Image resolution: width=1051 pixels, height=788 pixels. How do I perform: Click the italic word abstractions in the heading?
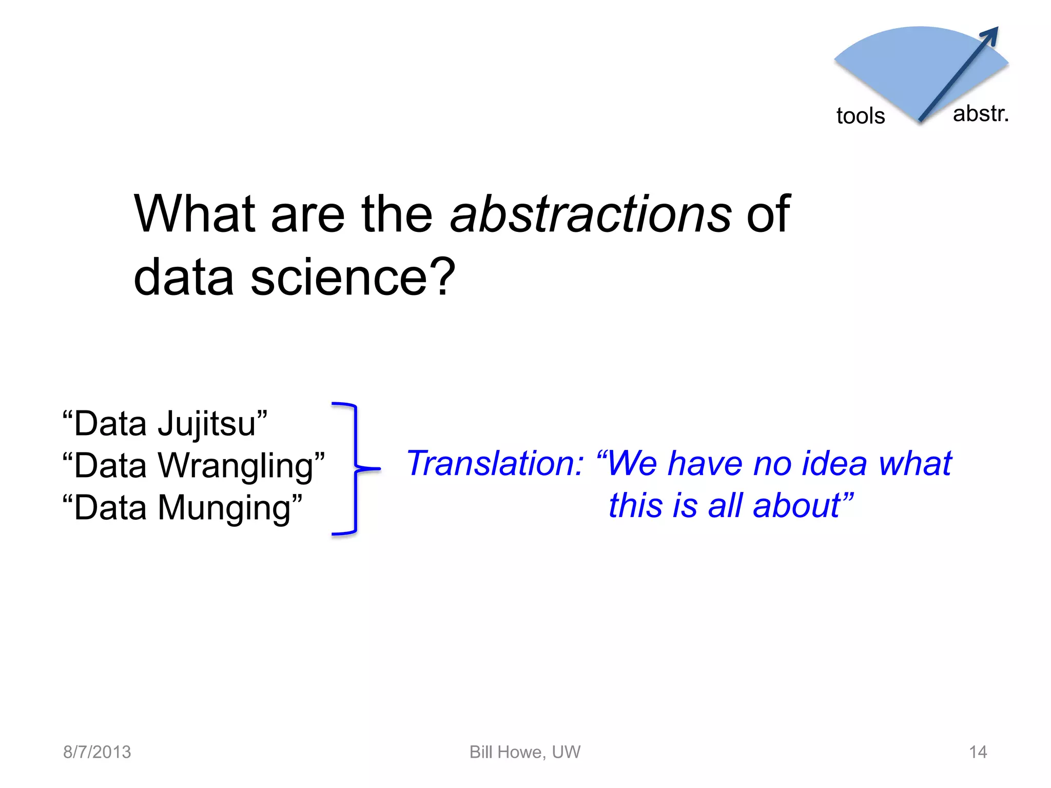point(590,214)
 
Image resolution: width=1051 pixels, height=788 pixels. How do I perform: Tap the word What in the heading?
point(194,214)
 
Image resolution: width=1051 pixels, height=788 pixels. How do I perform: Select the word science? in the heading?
point(353,277)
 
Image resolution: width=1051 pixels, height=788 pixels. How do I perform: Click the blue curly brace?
point(355,468)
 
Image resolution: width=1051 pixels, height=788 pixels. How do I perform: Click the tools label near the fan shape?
point(861,116)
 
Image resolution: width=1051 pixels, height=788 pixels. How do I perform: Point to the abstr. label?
point(981,114)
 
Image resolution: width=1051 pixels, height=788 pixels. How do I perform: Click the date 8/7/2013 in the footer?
point(97,752)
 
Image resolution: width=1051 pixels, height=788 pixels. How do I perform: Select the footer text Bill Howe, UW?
point(525,752)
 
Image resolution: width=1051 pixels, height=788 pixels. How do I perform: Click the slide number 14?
point(978,752)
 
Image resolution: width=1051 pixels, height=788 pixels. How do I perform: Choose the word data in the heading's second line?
point(184,277)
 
